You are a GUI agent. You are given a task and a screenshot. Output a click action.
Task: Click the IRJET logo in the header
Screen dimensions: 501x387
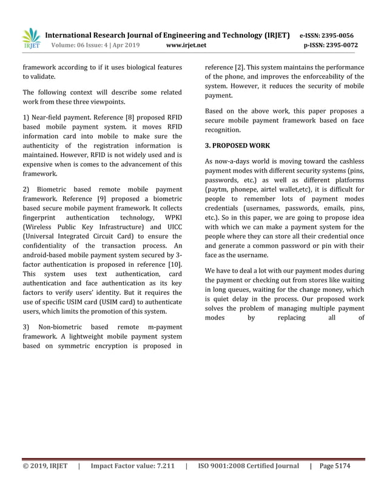(30, 38)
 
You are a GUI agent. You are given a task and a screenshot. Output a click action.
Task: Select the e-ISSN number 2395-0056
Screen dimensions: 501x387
(338, 36)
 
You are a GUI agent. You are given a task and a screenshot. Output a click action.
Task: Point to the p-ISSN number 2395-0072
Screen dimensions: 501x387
(338, 45)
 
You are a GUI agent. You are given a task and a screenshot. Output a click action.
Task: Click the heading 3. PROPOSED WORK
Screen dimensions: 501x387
(237, 146)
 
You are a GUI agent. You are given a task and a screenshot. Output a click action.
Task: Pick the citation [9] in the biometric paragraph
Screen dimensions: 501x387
(102, 199)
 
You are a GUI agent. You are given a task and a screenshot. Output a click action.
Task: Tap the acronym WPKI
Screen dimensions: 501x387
(169, 220)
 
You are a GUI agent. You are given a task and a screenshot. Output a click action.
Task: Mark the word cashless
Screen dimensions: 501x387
(346, 161)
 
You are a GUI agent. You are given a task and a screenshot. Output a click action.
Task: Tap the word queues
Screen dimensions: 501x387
(245, 289)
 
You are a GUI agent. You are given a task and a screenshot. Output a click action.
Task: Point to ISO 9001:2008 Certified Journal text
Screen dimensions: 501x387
(249, 466)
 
